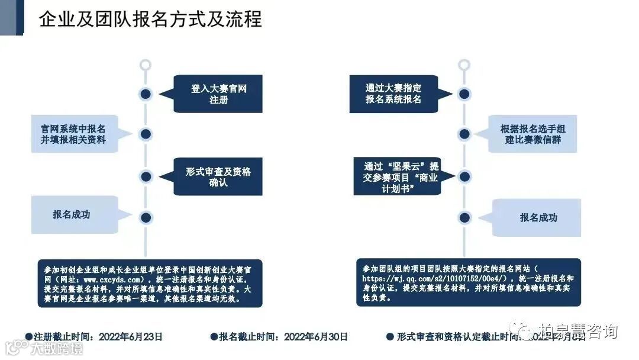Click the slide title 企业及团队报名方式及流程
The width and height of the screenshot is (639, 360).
tap(150, 19)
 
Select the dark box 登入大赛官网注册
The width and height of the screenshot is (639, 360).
tap(218, 94)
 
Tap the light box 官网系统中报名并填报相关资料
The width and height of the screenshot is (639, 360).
tap(74, 134)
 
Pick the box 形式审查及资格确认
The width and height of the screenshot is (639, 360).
tap(218, 176)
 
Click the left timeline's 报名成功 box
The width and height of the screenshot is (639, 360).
tap(72, 214)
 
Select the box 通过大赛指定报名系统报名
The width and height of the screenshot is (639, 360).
tap(393, 94)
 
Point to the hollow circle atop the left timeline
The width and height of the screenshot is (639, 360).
tap(145, 65)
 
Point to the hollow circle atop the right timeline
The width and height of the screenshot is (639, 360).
tap(464, 65)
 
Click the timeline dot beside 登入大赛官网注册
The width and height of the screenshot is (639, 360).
tap(146, 94)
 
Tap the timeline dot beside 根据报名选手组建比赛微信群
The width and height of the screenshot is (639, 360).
tap(464, 134)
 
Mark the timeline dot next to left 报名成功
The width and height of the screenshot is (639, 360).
tap(146, 217)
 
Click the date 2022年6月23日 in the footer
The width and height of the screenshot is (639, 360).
tap(130, 337)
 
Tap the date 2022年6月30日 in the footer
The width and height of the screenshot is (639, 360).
tap(316, 337)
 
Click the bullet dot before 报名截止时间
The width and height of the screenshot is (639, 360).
tap(214, 337)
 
